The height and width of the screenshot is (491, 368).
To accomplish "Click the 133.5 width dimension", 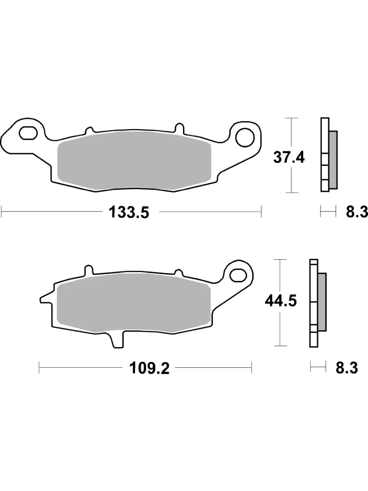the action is (x=129, y=213).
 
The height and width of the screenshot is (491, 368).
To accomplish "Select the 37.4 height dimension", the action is (x=289, y=157).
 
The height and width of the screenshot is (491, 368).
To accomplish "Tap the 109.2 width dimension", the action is (x=150, y=369).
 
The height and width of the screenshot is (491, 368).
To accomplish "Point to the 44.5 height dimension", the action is (x=281, y=301).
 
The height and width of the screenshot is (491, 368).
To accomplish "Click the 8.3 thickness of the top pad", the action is (x=357, y=213).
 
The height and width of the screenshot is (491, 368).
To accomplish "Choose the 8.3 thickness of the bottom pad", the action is (x=347, y=368).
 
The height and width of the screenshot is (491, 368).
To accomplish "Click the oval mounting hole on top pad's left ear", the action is (x=28, y=133).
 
